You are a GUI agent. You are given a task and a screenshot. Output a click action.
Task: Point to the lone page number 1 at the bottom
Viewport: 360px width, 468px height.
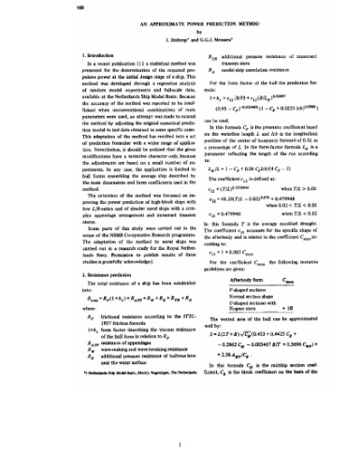pyautogui.click(x=180, y=448)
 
